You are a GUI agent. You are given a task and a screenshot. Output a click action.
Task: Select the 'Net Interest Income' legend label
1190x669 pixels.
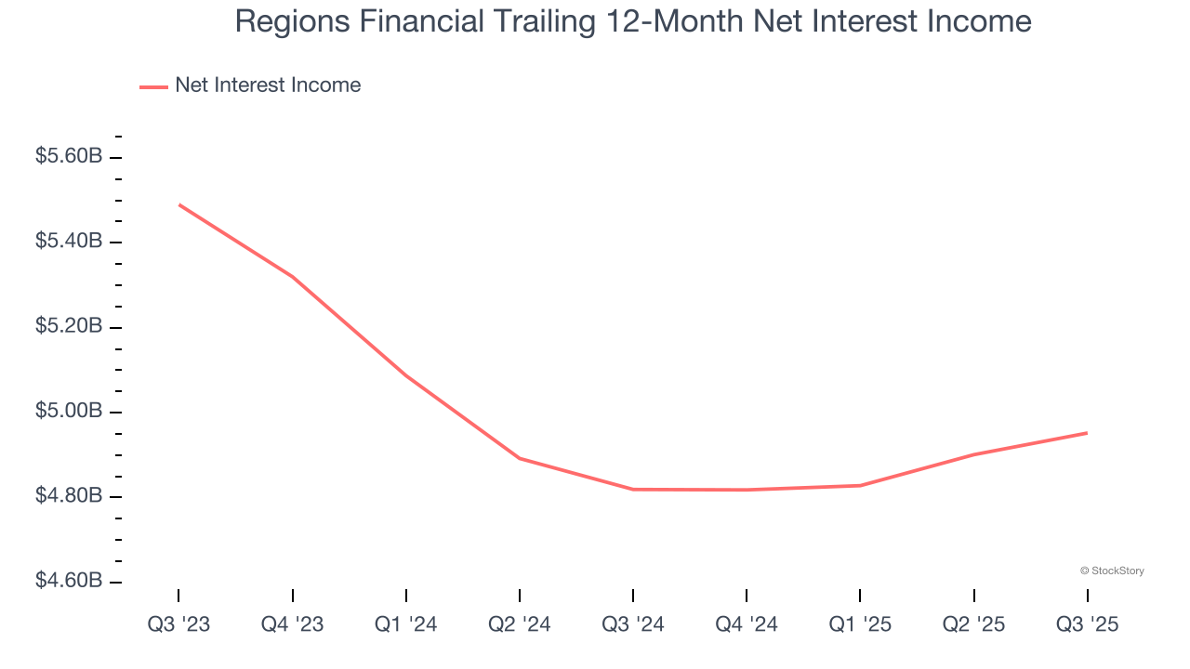268,85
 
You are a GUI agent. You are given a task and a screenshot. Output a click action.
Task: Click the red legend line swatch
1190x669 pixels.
153,86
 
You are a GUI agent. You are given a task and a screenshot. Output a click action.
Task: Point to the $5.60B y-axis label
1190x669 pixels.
69,156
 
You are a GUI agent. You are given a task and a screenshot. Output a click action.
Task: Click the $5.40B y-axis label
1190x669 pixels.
69,242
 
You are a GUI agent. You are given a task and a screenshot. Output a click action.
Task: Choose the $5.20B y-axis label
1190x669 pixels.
69,326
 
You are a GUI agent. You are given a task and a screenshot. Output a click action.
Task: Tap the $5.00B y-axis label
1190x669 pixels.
69,411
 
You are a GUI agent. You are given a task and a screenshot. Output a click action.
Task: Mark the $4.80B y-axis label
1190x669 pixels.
69,496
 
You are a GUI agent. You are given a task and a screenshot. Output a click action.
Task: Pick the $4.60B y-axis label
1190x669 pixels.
69,581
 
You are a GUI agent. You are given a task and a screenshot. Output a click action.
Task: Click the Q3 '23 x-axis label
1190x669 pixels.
178,624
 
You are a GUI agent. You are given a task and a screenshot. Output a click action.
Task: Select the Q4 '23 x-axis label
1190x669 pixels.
292,624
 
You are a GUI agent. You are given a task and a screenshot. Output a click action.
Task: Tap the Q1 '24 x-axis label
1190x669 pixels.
405,624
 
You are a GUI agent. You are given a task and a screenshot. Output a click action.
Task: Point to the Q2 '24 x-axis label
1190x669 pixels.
519,624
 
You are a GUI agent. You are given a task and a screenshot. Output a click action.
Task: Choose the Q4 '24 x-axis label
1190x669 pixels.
747,624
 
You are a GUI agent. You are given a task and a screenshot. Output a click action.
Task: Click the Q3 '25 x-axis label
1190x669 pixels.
1087,624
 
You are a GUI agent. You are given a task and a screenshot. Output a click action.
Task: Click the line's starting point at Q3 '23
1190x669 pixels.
178,204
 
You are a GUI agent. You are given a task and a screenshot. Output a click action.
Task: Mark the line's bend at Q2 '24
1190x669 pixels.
519,458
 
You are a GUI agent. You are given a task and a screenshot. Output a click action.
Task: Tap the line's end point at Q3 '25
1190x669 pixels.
1087,433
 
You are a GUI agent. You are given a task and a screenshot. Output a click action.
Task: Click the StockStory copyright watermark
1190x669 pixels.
1112,571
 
